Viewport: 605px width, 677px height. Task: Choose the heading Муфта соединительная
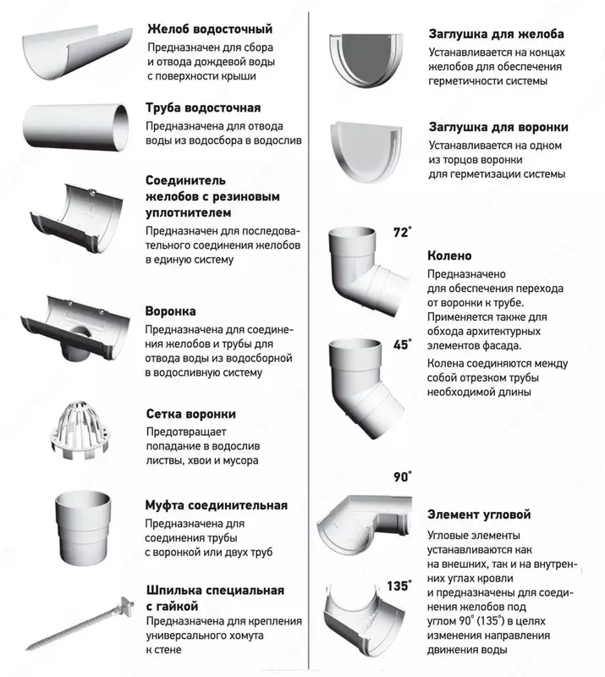[217, 505]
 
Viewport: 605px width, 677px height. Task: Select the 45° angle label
[402, 344]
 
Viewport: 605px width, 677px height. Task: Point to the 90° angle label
[402, 476]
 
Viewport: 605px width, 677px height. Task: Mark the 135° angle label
[399, 585]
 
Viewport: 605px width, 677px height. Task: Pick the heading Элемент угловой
[480, 515]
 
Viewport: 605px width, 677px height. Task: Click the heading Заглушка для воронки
[498, 127]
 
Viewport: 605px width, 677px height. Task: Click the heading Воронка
[171, 311]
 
